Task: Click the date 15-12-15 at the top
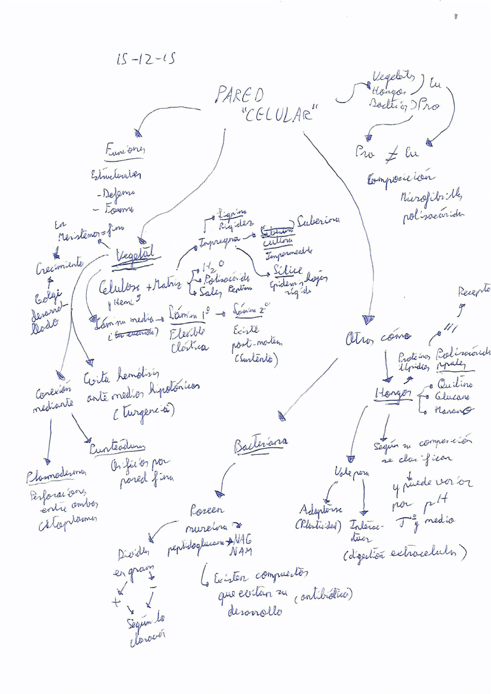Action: coord(146,59)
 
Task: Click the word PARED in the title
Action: coord(240,95)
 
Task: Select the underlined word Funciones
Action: coord(125,150)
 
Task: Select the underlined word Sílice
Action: coord(288,270)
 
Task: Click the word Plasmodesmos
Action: coord(55,476)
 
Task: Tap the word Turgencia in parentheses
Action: coord(144,412)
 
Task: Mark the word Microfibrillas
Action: coord(431,198)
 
